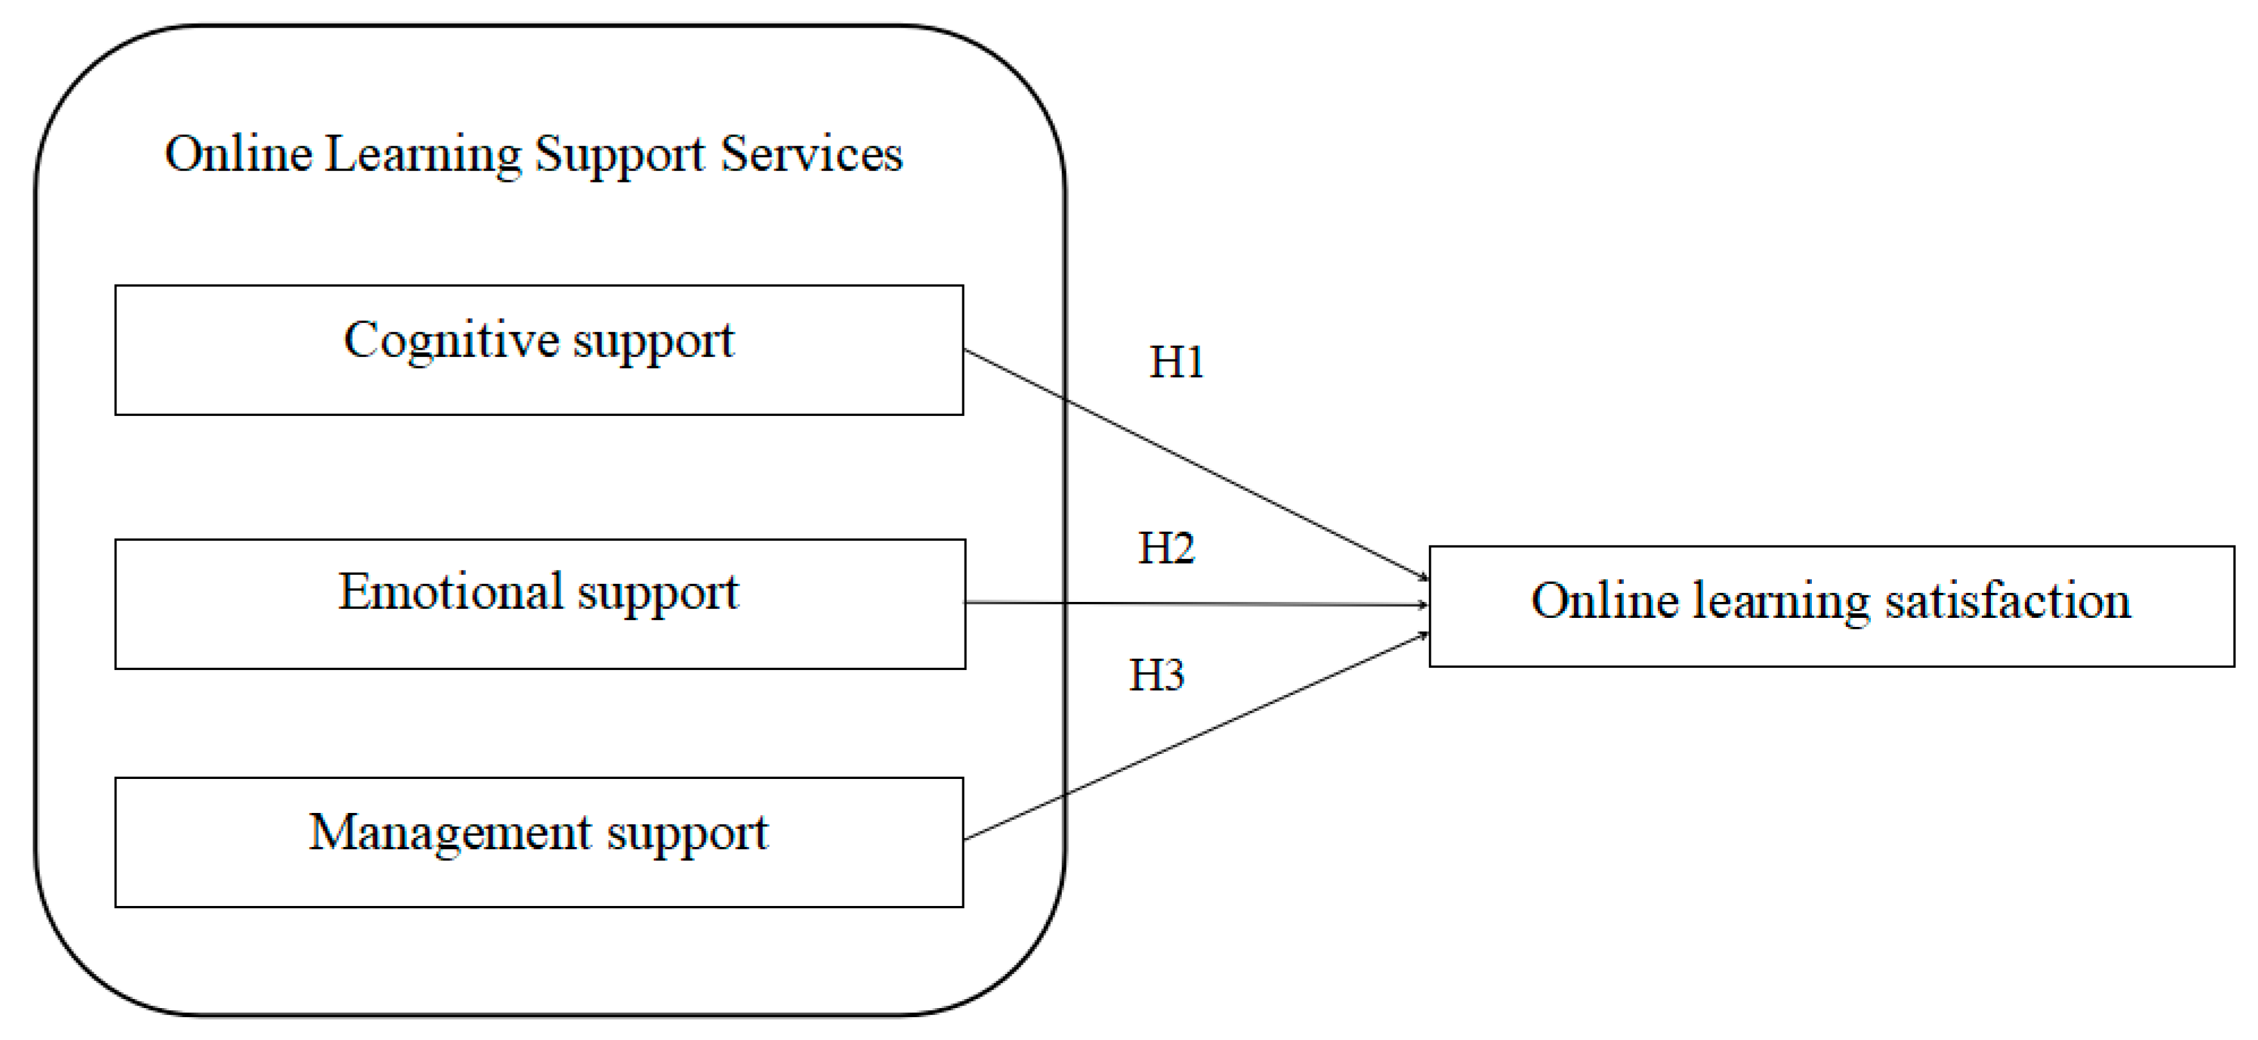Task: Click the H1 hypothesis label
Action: pos(1176,362)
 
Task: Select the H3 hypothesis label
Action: pos(1156,676)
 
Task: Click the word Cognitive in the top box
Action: pos(450,340)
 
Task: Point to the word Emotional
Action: pos(450,592)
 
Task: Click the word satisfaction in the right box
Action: pos(2008,601)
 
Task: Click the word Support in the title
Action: pos(620,156)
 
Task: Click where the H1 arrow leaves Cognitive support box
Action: pos(965,351)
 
